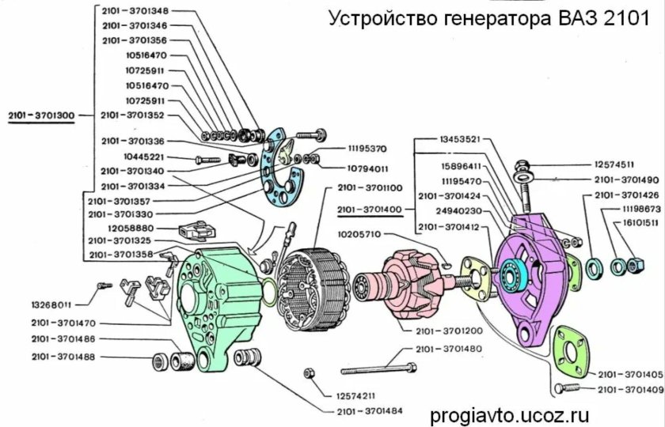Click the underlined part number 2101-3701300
42,115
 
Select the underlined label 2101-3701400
370,210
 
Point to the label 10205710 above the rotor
359,235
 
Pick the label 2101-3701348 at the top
136,11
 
